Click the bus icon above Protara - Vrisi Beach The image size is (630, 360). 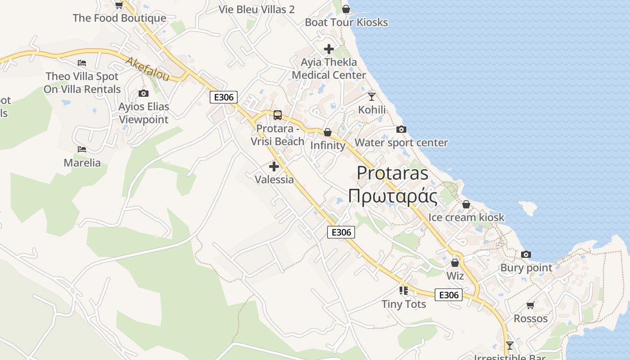278,115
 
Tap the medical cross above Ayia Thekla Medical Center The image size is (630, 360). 329,49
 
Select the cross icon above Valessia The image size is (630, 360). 274,167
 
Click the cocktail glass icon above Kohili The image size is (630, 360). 372,96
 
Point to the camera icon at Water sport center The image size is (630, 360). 401,130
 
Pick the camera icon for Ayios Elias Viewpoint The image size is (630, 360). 144,94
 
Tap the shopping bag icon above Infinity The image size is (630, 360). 328,132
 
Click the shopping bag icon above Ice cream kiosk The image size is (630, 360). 466,204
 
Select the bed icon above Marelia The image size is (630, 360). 81,149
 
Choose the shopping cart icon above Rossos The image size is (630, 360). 531,306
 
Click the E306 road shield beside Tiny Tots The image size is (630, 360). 449,295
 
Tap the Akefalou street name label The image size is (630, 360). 148,69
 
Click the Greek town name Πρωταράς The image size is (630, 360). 393,197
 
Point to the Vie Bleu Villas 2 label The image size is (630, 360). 256,9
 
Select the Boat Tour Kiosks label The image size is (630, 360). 346,22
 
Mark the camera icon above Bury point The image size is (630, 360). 526,255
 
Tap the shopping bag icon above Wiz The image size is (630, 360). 455,263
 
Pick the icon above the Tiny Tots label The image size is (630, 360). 404,291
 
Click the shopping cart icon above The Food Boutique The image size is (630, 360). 119,5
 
